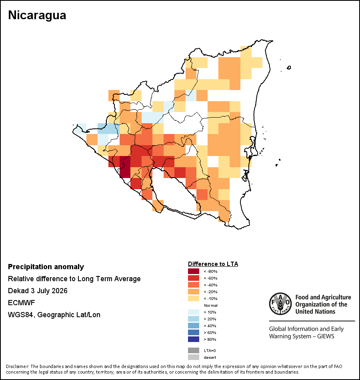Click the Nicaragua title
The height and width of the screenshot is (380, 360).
(37, 15)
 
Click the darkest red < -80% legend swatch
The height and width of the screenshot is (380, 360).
(194, 271)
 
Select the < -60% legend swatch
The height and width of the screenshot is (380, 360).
(194, 278)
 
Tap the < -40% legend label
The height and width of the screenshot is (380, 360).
(210, 285)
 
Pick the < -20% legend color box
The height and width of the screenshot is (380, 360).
(194, 292)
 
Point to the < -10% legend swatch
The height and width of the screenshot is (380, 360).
(194, 298)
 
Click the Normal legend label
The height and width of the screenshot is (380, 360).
(211, 305)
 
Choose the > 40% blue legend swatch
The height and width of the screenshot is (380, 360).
(194, 326)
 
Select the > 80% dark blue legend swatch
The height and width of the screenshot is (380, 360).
(194, 339)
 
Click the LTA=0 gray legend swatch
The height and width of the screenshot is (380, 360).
(194, 350)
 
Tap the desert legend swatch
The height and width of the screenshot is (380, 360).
(194, 357)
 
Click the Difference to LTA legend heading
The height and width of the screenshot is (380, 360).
(213, 264)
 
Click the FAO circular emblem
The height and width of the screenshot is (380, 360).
(280, 304)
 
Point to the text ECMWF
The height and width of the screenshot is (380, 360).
(22, 303)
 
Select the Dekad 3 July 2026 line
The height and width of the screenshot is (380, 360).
(38, 290)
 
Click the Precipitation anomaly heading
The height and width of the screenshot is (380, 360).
(46, 267)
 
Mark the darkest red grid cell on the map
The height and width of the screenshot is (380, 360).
(125, 167)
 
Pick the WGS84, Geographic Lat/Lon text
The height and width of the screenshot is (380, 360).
(54, 315)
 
